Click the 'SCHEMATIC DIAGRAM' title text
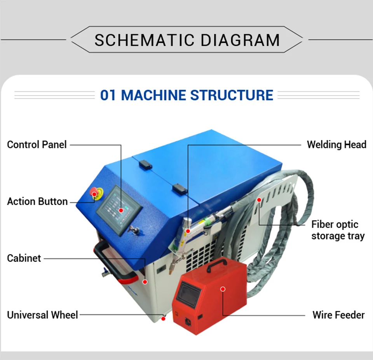[x=187, y=40]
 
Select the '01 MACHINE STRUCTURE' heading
[x=186, y=95]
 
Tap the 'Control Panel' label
[x=37, y=145]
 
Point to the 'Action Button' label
[x=37, y=201]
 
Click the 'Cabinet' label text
[x=24, y=258]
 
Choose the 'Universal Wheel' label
[x=42, y=315]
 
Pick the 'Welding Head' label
[x=336, y=145]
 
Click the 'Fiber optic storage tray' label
[x=338, y=230]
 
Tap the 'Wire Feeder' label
[x=338, y=315]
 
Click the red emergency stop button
[x=94, y=192]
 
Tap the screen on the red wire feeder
[x=188, y=294]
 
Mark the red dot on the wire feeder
[x=223, y=289]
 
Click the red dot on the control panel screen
[x=121, y=210]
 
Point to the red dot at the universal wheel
[x=164, y=319]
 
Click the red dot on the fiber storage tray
[x=259, y=200]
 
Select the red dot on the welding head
[x=188, y=231]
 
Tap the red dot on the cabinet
[x=145, y=282]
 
